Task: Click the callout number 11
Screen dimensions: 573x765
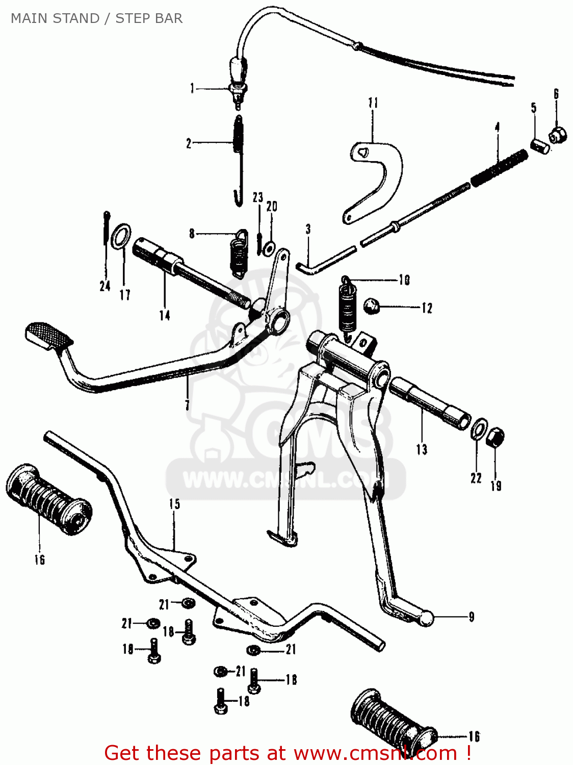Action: (373, 103)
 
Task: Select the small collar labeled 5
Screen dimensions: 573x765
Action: (539, 146)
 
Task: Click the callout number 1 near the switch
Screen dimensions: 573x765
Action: (192, 89)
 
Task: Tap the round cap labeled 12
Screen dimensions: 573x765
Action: (371, 307)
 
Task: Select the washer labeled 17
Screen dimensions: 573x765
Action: (120, 237)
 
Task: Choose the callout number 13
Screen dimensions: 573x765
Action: (422, 449)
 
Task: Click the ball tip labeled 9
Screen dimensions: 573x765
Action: (426, 618)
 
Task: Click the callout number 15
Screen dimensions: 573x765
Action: (174, 504)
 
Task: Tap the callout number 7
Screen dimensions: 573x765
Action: (187, 405)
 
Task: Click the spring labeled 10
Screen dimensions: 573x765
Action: (348, 306)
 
